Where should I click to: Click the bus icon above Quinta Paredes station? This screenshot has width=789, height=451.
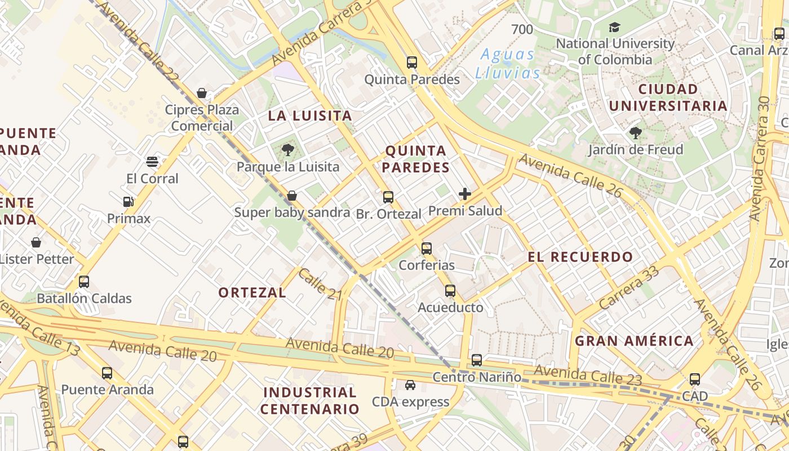pyautogui.click(x=412, y=63)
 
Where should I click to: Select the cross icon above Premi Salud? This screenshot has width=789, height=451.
pyautogui.click(x=465, y=194)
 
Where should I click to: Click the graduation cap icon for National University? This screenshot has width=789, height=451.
pyautogui.click(x=614, y=27)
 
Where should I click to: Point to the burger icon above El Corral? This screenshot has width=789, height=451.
pyautogui.click(x=152, y=162)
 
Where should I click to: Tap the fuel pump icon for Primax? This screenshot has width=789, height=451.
pyautogui.click(x=128, y=202)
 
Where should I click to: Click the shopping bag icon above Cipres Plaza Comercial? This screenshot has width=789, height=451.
pyautogui.click(x=202, y=93)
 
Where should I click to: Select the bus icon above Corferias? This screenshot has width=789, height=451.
pyautogui.click(x=427, y=248)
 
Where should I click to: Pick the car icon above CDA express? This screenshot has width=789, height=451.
pyautogui.click(x=410, y=385)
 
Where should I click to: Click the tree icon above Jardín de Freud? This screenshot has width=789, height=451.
pyautogui.click(x=636, y=133)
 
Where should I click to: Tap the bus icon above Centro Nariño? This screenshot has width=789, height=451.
pyautogui.click(x=477, y=360)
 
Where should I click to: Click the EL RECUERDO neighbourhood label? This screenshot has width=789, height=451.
pyautogui.click(x=580, y=257)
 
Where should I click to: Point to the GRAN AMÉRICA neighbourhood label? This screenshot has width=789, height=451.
pyautogui.click(x=634, y=341)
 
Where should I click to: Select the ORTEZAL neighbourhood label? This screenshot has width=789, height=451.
pyautogui.click(x=252, y=293)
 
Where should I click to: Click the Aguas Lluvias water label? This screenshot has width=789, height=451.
pyautogui.click(x=508, y=64)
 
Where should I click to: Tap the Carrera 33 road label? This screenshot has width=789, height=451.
pyautogui.click(x=629, y=288)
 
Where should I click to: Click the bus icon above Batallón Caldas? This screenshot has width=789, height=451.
pyautogui.click(x=84, y=282)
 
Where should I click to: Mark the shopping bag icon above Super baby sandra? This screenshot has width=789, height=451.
pyautogui.click(x=292, y=196)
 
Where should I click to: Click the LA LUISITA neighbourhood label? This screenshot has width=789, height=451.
pyautogui.click(x=310, y=116)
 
